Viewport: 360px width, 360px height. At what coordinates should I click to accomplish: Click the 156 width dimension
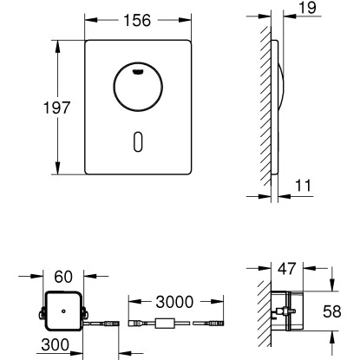click(137, 21)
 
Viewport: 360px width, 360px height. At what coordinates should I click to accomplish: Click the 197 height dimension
click(56, 108)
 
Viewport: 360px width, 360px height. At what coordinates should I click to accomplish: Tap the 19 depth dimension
click(307, 8)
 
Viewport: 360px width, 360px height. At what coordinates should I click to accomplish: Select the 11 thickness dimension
click(303, 186)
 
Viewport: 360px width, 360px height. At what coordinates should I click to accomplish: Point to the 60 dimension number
click(63, 277)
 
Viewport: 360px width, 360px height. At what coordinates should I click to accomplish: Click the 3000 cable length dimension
click(174, 302)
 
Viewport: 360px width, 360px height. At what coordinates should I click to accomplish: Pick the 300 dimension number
click(56, 344)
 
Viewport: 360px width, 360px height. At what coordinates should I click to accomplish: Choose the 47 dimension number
click(287, 269)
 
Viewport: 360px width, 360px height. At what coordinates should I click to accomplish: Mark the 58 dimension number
click(332, 311)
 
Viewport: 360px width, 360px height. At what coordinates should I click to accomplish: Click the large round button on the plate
click(138, 87)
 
